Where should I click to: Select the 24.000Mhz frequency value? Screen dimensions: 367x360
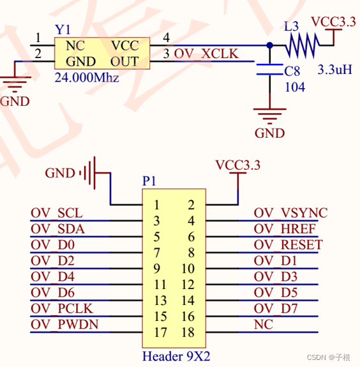tap(86, 79)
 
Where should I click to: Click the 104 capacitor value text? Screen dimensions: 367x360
tap(294, 87)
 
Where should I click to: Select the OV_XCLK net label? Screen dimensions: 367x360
tap(206, 54)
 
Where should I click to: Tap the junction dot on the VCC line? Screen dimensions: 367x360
tap(269, 45)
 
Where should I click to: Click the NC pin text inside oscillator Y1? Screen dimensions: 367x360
tap(75, 46)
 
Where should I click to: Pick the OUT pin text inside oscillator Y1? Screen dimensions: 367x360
tap(124, 61)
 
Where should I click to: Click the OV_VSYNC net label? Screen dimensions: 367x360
tap(290, 213)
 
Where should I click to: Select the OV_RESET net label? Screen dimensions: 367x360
tap(288, 244)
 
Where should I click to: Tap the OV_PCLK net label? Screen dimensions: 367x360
tap(63, 308)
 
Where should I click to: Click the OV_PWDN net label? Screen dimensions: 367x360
tap(64, 324)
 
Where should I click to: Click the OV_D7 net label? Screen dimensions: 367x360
tap(275, 308)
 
